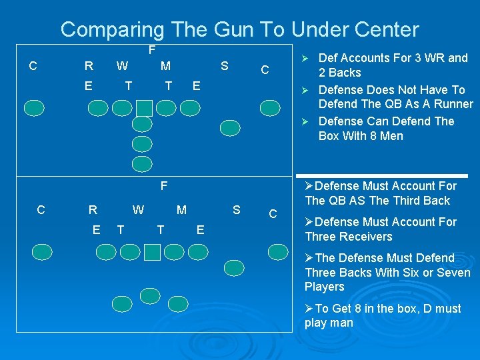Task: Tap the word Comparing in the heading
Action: (112, 29)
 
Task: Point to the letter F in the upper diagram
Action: (152, 50)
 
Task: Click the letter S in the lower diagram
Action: (236, 211)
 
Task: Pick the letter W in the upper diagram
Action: (123, 66)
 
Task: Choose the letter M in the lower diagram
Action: (181, 211)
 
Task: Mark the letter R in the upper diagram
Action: (89, 66)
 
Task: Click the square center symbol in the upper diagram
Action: (144, 107)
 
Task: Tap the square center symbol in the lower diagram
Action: (153, 251)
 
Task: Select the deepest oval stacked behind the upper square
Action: (142, 164)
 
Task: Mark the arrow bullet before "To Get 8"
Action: (309, 309)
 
